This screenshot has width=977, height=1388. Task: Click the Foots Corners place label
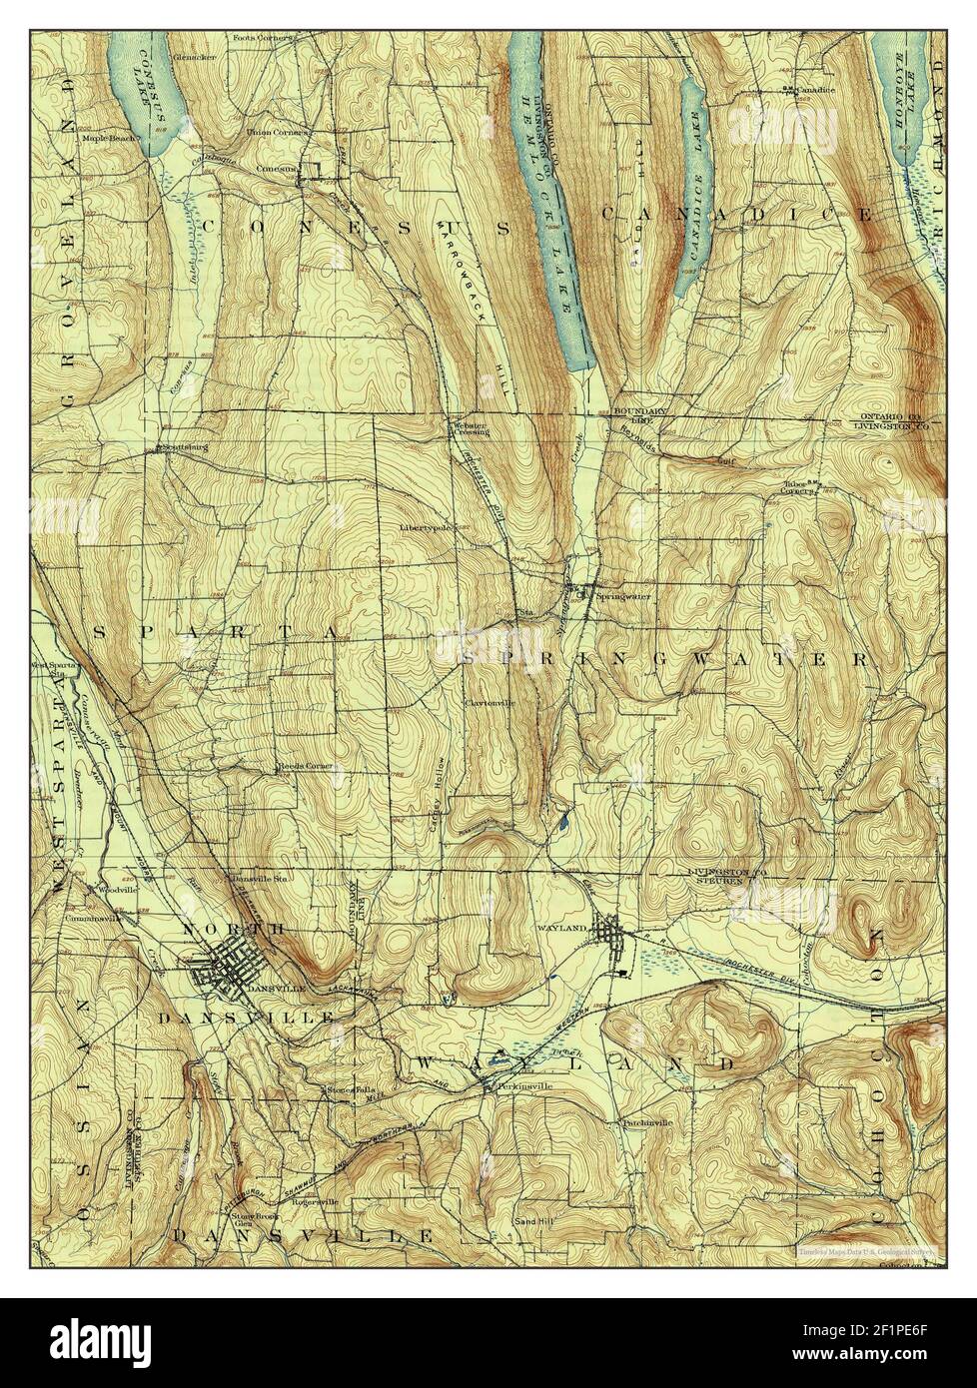point(262,39)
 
